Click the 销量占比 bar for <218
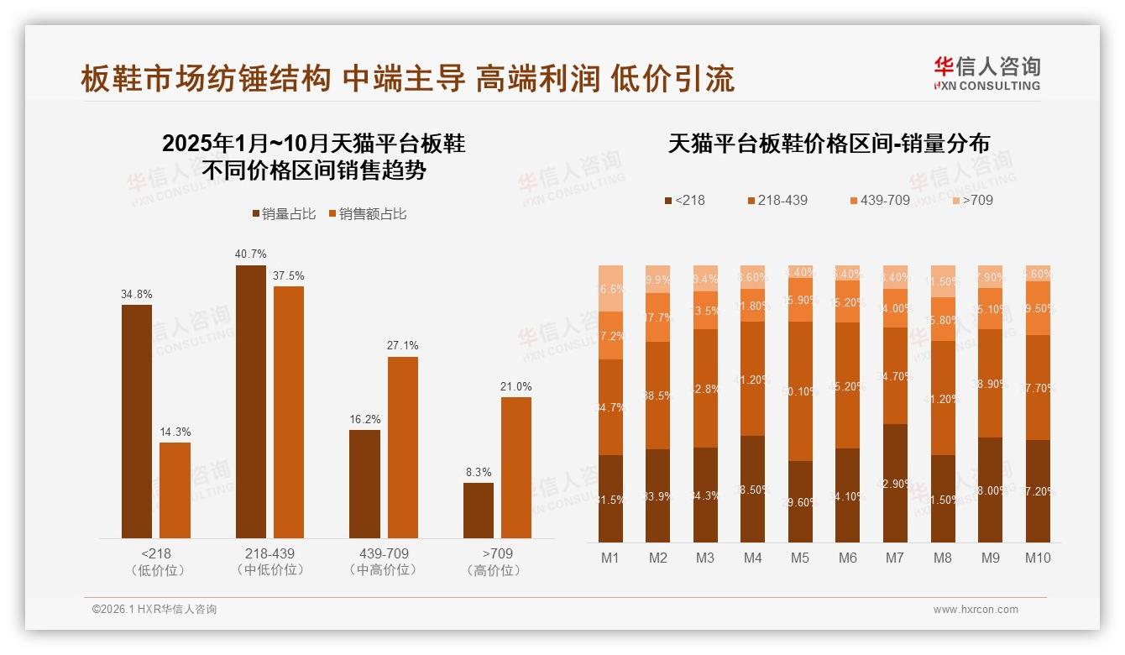[x=137, y=421]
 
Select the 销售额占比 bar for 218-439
[x=289, y=411]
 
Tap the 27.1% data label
[x=402, y=346]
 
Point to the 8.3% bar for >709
[x=479, y=510]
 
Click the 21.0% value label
[x=516, y=386]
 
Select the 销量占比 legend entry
[x=284, y=214]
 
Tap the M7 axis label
[x=895, y=558]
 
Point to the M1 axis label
[x=610, y=558]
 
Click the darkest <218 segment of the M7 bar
[x=896, y=483]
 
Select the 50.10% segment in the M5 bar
[x=801, y=391]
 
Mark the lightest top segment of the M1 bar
[x=611, y=288]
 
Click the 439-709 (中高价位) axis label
[x=383, y=562]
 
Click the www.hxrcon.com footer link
[x=976, y=610]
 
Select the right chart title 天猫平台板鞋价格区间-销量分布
[x=828, y=144]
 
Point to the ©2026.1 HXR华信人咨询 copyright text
[x=154, y=610]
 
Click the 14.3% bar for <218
[x=175, y=490]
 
